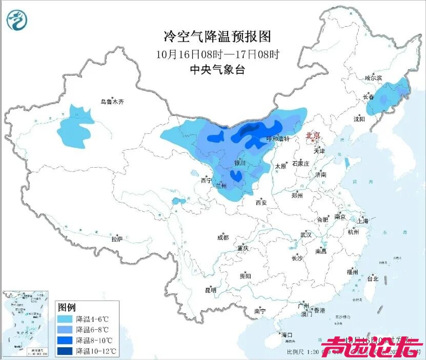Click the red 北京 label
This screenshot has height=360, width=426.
(x=312, y=135)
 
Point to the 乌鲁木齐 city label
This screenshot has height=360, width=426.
(x=112, y=102)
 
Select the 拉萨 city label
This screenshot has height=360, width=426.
(x=117, y=239)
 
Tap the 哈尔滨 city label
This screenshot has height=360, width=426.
(x=373, y=78)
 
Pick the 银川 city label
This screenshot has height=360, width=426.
(x=240, y=163)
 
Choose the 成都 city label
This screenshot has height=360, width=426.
(x=223, y=237)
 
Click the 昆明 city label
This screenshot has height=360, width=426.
(x=211, y=290)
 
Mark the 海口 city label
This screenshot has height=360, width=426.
(x=287, y=335)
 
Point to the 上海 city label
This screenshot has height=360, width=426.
(x=363, y=221)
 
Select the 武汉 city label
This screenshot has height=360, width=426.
(x=306, y=234)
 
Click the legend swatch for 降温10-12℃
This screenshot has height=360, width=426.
(x=65, y=351)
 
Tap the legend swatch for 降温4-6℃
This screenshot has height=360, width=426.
(x=65, y=318)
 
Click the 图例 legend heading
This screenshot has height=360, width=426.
(x=67, y=307)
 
